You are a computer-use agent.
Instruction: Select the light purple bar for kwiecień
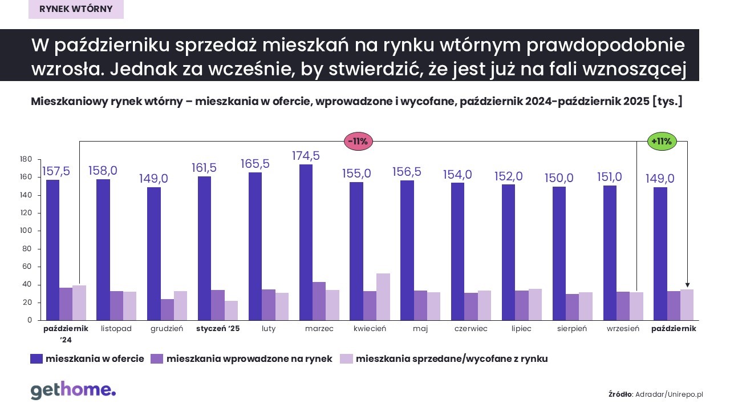(x=383, y=297)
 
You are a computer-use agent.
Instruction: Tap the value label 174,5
(x=306, y=156)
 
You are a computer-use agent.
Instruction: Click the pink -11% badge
(x=358, y=141)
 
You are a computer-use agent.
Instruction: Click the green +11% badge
(x=662, y=141)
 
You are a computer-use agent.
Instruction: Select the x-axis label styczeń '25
(x=218, y=329)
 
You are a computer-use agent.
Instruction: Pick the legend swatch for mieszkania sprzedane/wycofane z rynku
(x=346, y=358)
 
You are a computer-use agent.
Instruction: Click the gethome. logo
(x=73, y=390)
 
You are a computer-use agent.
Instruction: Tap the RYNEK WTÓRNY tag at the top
(x=76, y=9)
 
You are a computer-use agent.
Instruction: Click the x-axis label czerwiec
(x=471, y=329)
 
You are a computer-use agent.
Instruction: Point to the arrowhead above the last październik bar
(x=687, y=285)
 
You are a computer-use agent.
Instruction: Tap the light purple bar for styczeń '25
(x=231, y=311)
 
